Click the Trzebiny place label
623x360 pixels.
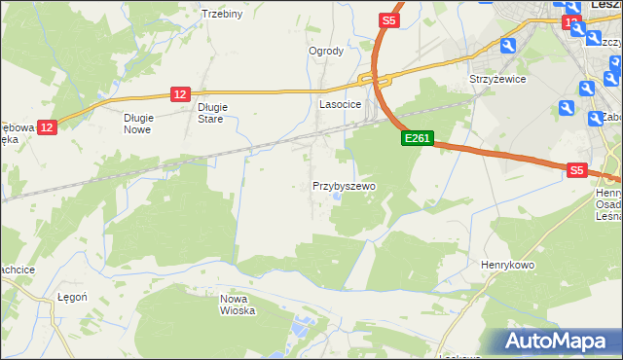point(221,14)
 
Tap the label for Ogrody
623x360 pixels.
point(326,52)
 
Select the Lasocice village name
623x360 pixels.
point(341,104)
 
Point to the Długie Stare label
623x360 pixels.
point(211,113)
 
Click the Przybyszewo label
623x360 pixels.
point(344,185)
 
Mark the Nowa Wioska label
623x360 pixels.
point(238,305)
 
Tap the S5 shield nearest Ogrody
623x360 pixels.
point(389,19)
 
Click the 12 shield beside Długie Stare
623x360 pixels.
point(180,93)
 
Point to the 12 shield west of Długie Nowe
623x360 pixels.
point(49,126)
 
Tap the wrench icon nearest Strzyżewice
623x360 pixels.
point(507,46)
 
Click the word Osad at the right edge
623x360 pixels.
point(609,204)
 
